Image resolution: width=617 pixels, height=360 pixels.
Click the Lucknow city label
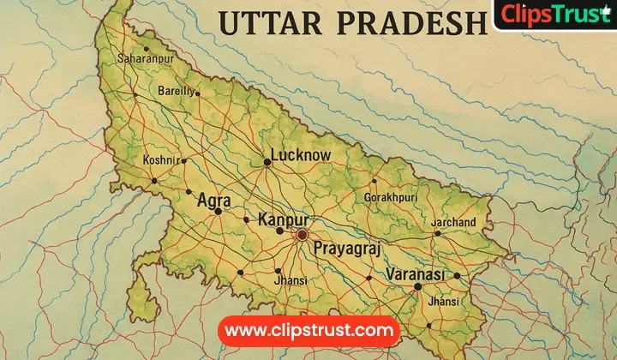(300, 155)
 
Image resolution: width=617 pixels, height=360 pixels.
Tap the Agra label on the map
(213, 200)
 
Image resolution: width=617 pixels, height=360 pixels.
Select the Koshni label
(160, 160)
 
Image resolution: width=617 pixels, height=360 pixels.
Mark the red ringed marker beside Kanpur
(302, 233)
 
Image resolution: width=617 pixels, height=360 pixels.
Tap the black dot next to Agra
(219, 211)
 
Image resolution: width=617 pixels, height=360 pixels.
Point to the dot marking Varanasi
(417, 286)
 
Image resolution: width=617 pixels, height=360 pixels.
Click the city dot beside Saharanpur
(146, 50)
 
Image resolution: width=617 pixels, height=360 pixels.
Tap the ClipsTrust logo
(556, 15)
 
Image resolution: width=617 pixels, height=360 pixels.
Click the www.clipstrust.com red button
(308, 330)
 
